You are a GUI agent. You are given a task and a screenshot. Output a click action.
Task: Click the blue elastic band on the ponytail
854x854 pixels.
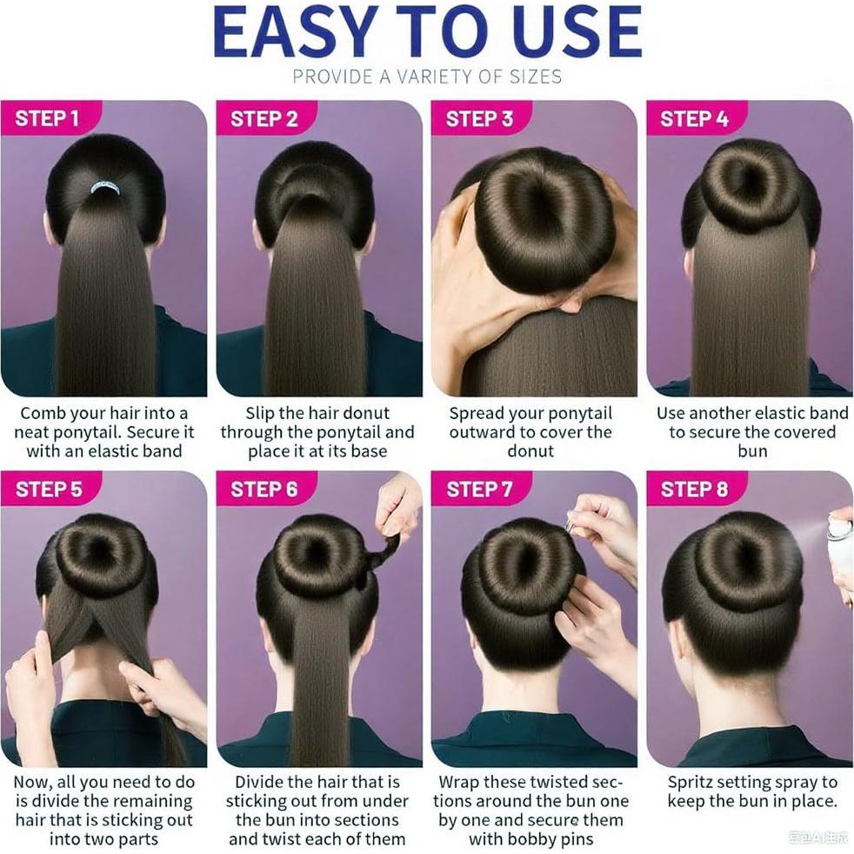pos(105,186)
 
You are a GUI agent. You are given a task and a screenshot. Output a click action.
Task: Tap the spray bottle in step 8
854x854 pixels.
pos(839,539)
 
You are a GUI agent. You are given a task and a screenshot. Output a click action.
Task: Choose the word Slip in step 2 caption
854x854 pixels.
pos(262,413)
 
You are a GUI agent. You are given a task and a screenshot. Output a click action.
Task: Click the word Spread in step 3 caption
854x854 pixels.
pos(477,413)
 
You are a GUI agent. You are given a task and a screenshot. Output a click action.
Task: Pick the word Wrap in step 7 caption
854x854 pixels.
pos(459,783)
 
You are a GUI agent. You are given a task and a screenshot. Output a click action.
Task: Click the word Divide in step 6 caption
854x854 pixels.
pos(262,783)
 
